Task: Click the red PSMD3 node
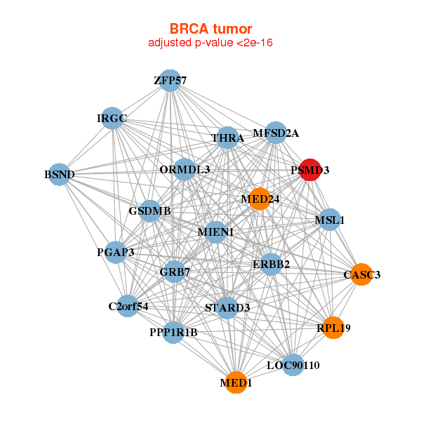(x=310, y=170)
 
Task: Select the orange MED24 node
(x=260, y=199)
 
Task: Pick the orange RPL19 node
(x=333, y=327)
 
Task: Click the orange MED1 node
(x=236, y=382)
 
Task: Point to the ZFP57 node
(x=170, y=81)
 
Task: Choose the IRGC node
(x=112, y=119)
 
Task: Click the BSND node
(x=60, y=173)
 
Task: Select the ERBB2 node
(x=271, y=264)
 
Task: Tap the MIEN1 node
(x=215, y=232)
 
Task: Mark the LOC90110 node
(x=293, y=365)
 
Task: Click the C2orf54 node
(x=128, y=306)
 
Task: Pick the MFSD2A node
(x=276, y=133)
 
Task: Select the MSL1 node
(x=329, y=220)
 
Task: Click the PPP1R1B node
(x=173, y=332)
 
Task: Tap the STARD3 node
(x=227, y=307)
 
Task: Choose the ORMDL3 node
(x=185, y=169)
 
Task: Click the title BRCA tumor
(x=210, y=29)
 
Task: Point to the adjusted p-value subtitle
(x=210, y=43)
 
